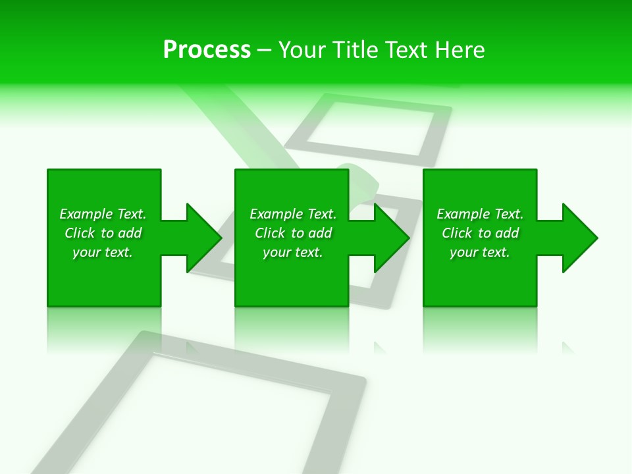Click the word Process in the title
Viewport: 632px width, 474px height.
[207, 50]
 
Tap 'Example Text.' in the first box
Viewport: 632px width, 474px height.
[103, 214]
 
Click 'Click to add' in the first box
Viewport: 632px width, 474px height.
[103, 233]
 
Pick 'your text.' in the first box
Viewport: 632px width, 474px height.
[103, 252]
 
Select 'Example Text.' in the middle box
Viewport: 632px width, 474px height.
[293, 214]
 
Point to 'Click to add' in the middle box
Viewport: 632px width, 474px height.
[293, 233]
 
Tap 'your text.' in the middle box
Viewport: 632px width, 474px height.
[293, 252]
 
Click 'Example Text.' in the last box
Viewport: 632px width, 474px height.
[480, 214]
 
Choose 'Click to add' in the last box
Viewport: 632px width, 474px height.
[480, 233]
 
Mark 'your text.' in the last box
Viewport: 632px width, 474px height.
[480, 252]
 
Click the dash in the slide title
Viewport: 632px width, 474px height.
[265, 50]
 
